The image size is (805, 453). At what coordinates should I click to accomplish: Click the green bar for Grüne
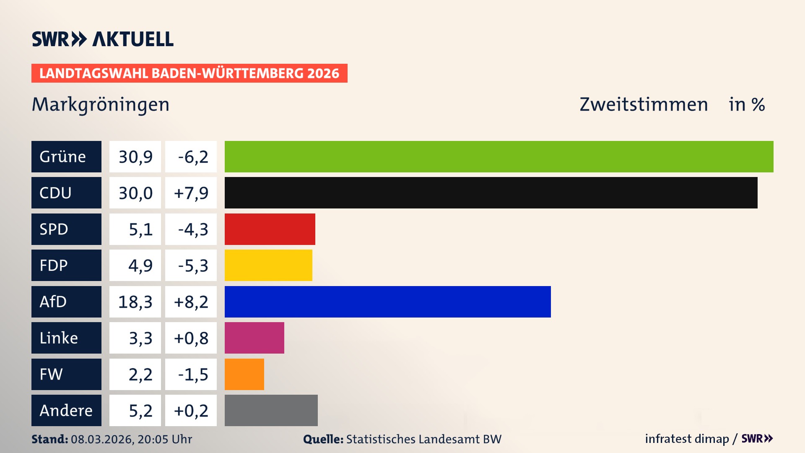coord(499,156)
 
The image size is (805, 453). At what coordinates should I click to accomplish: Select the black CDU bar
coord(491,193)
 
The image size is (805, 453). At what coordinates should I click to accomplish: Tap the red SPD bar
coord(270,229)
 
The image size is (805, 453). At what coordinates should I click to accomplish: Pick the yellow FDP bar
coord(268,265)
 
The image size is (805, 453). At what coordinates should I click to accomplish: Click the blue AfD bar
coord(387,302)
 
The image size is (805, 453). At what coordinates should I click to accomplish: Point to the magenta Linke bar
coord(254,338)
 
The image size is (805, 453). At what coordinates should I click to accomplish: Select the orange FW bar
coord(244,374)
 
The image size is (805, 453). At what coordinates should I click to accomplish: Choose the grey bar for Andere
coord(271,410)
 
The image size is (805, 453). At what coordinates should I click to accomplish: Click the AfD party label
coord(66,302)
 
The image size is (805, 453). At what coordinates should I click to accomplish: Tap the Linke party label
coord(66,338)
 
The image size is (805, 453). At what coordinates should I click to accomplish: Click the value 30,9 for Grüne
coord(135,156)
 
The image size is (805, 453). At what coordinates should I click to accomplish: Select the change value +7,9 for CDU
coord(191,193)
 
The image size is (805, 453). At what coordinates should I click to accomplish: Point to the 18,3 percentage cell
coord(135,302)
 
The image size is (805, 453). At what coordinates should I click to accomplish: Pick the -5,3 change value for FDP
coord(191,265)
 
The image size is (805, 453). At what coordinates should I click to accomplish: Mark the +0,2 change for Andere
coord(191,410)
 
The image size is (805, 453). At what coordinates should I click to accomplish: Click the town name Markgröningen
coord(101,104)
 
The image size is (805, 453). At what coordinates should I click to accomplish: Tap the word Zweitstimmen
coord(643,104)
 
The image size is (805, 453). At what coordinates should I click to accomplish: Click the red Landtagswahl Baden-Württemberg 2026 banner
coord(189,73)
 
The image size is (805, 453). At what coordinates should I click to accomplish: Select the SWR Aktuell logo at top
coord(102,39)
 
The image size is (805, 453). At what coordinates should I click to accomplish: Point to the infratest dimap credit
coord(686,439)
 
